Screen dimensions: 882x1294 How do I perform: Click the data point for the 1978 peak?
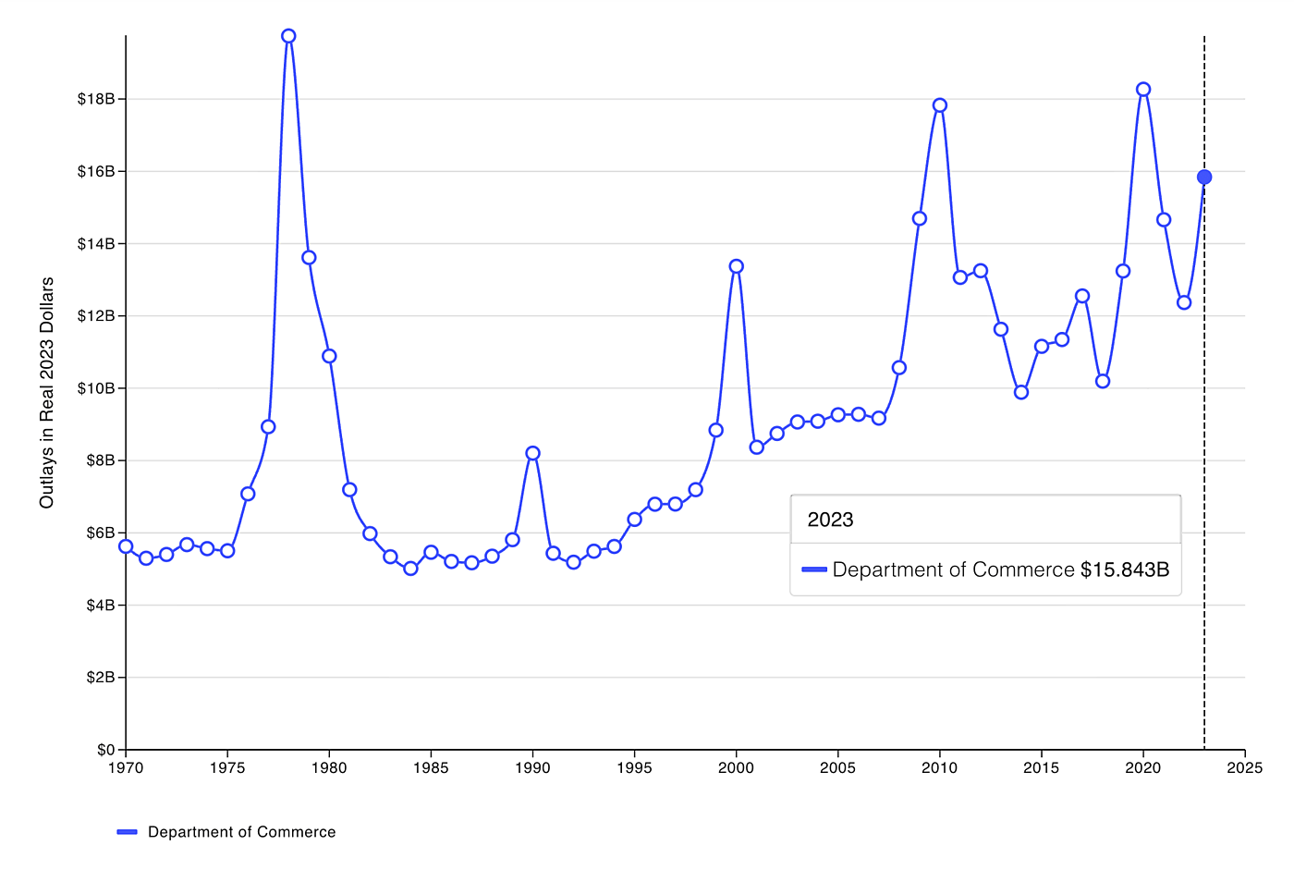(x=288, y=36)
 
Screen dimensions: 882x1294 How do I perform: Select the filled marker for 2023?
(x=1204, y=177)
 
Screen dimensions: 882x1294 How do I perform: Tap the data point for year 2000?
(x=736, y=266)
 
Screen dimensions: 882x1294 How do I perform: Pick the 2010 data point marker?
(x=940, y=105)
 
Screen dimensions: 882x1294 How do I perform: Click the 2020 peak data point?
(x=1143, y=90)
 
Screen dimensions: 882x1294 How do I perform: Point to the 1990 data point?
(x=532, y=453)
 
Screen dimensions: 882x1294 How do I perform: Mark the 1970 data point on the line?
(x=126, y=546)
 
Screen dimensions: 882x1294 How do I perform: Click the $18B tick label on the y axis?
(x=95, y=99)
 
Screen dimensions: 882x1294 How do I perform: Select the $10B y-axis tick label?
(x=95, y=388)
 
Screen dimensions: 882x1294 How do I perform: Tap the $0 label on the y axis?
(x=105, y=750)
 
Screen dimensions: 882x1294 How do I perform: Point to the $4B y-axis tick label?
(x=100, y=606)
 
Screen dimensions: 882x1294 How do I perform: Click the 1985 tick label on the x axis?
(x=431, y=768)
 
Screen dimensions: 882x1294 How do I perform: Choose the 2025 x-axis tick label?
(x=1245, y=768)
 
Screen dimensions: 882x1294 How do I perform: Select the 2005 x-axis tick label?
(x=837, y=768)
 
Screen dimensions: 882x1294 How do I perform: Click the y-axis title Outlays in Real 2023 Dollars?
(x=46, y=393)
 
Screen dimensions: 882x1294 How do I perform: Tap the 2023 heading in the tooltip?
(x=830, y=520)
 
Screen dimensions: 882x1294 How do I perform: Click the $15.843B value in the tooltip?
(x=1124, y=570)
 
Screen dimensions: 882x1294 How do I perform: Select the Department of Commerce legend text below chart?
(x=241, y=832)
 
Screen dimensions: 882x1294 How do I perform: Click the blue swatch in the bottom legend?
(x=128, y=832)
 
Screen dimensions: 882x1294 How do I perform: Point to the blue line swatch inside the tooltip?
(x=813, y=570)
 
